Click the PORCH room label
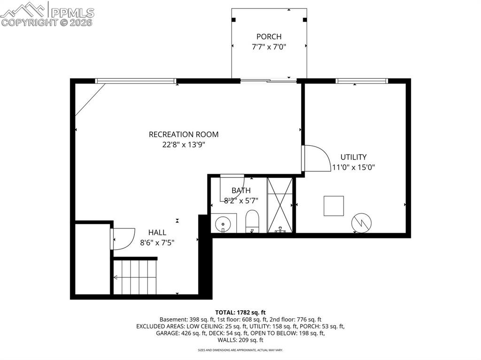click(x=269, y=37)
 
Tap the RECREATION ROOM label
click(x=184, y=134)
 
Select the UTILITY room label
click(x=354, y=157)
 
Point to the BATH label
click(x=241, y=191)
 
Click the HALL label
click(x=157, y=232)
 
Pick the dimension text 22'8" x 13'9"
click(x=184, y=145)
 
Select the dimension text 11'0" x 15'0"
click(x=354, y=167)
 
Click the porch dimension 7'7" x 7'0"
click(x=269, y=46)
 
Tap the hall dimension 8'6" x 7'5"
click(x=157, y=242)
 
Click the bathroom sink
click(x=223, y=224)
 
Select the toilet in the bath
click(x=252, y=221)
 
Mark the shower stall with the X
click(x=280, y=205)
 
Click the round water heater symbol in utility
click(x=362, y=223)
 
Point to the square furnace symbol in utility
click(x=334, y=206)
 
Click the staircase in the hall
click(x=135, y=277)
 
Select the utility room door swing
click(x=315, y=159)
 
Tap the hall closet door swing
click(x=123, y=238)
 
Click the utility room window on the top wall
click(x=362, y=81)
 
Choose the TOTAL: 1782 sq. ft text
click(x=240, y=312)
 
